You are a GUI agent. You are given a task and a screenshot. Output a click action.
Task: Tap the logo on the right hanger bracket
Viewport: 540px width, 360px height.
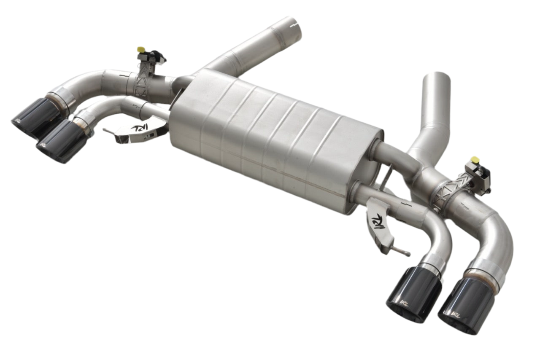click(378, 220)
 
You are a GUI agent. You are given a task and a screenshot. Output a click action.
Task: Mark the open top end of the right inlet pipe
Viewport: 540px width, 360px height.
click(436, 78)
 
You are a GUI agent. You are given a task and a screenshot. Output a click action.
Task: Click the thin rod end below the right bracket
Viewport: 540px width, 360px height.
click(407, 254)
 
